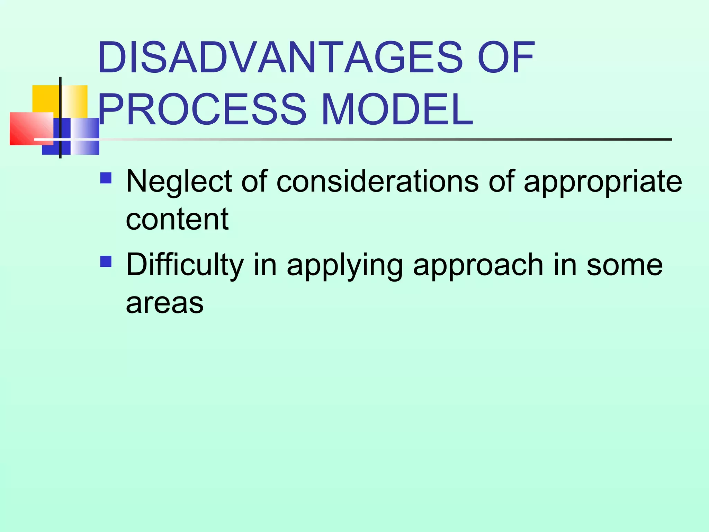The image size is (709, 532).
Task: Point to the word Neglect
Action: [179, 181]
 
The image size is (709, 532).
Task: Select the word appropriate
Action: [603, 181]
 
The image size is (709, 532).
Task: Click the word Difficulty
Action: [185, 265]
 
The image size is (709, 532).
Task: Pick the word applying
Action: [345, 265]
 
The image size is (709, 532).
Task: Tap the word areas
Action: [165, 303]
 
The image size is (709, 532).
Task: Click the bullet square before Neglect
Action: [106, 178]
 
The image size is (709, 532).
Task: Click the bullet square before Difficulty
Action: [106, 261]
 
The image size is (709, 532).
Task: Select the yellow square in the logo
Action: [45, 99]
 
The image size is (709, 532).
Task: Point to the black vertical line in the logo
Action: [60, 104]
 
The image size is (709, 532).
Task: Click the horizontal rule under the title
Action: [381, 139]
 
